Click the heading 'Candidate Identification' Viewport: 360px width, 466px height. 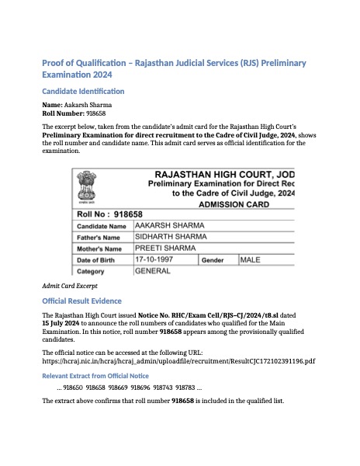83,92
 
